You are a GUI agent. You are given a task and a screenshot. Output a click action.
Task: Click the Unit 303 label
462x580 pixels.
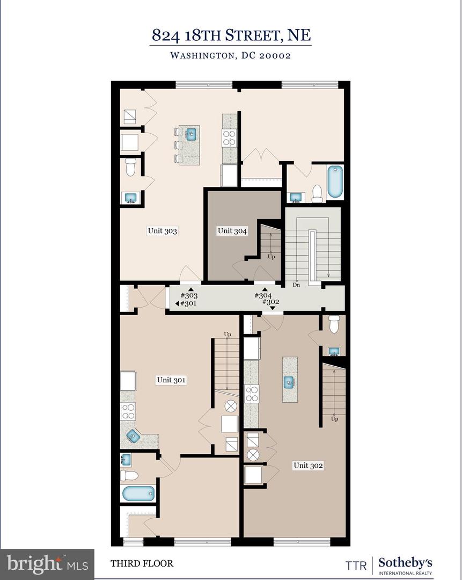[x=162, y=231]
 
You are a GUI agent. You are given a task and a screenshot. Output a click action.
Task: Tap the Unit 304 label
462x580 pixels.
[x=232, y=231]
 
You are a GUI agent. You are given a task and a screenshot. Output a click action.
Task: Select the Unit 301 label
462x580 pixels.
[x=171, y=380]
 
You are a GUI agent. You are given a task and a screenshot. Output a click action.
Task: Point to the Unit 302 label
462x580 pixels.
[x=308, y=466]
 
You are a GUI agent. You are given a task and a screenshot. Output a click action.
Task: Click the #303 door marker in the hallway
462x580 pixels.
[x=189, y=295]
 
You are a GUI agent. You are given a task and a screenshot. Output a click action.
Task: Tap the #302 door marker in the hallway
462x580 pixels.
[x=270, y=302]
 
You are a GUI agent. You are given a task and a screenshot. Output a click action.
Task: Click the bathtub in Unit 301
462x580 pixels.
[x=138, y=492]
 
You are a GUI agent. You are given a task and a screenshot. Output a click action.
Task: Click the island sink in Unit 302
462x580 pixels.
[x=289, y=382]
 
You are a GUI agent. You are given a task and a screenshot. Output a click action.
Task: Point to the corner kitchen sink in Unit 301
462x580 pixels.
[x=133, y=437]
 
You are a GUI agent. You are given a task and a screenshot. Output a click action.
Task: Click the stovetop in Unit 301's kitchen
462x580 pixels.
[x=128, y=411]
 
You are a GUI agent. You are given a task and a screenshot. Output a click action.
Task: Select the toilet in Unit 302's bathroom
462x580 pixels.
[x=334, y=324]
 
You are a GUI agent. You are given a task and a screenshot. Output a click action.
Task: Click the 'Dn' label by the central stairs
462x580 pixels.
[x=296, y=285]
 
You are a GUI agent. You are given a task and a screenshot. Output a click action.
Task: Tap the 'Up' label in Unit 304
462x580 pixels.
[x=272, y=257]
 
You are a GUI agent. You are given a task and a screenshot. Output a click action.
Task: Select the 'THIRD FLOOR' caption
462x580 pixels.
[x=142, y=563]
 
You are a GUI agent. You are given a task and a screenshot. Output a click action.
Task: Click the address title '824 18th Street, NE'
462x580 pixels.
[x=231, y=35]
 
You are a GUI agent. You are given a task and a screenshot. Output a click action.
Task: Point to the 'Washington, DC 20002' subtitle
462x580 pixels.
[x=231, y=55]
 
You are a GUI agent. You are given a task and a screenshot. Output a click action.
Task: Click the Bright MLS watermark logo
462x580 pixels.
[x=47, y=563]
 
